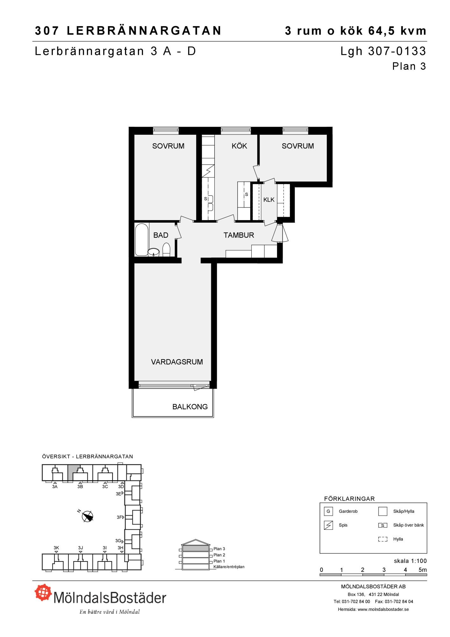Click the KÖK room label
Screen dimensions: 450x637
click(239, 146)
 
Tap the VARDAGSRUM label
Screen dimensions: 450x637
click(177, 362)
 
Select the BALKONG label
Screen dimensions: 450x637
click(190, 407)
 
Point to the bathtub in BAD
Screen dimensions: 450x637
click(142, 240)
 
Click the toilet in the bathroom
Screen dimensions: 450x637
click(166, 250)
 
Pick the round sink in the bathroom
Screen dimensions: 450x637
click(154, 252)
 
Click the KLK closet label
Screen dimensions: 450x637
click(269, 200)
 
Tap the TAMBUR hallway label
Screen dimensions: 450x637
click(239, 235)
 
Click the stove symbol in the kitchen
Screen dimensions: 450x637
click(208, 171)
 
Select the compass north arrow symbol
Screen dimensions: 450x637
click(87, 516)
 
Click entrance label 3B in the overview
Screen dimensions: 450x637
click(80, 486)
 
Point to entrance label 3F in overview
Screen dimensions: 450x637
click(119, 517)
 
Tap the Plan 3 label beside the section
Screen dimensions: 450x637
click(219, 548)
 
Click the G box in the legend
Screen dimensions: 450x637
click(328, 511)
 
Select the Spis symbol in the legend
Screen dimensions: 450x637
click(328, 525)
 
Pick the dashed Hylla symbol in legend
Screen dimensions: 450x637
click(382, 539)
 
